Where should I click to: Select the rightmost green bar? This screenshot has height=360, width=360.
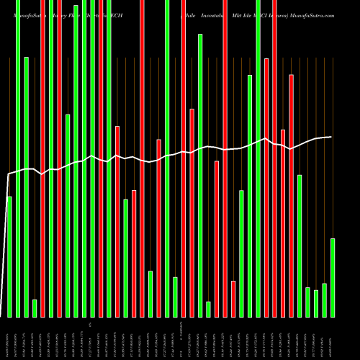point(333,277)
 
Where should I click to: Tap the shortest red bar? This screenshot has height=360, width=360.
point(233,299)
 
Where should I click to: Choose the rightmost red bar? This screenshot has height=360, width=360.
point(291,194)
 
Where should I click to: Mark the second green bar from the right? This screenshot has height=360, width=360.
point(324,300)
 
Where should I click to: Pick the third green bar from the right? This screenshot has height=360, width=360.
point(316,303)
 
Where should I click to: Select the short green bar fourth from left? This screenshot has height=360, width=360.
point(35,308)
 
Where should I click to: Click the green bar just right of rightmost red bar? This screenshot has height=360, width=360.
point(300,246)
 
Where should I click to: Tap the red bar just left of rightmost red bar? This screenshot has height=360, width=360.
point(283,223)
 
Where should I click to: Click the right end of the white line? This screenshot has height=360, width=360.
point(331,137)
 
